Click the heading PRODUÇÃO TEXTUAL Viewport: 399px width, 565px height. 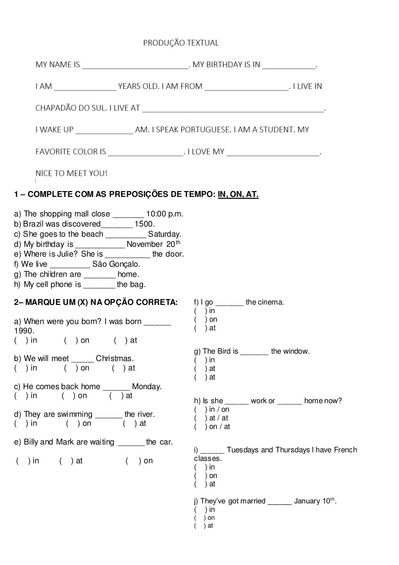coord(181,43)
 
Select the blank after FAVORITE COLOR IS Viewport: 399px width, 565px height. coord(146,152)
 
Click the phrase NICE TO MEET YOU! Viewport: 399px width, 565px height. coord(71,173)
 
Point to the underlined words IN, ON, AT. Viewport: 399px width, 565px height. coord(238,194)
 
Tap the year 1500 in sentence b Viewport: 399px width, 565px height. coord(144,224)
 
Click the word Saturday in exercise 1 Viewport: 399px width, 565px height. coord(164,234)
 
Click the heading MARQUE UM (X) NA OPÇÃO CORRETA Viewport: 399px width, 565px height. coord(95,303)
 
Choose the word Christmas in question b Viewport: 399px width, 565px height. coord(115,358)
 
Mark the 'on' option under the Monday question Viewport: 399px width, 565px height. coord(78,396)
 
